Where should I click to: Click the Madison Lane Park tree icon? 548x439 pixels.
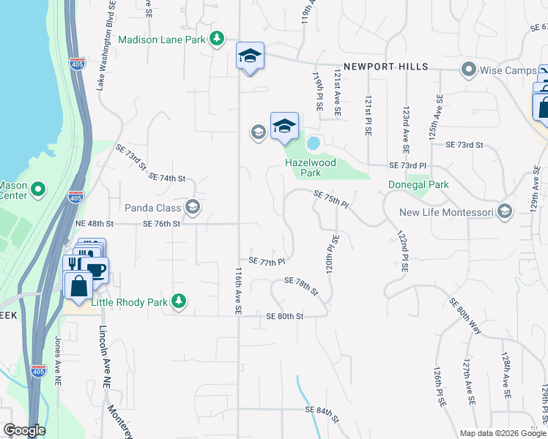click(x=216, y=38)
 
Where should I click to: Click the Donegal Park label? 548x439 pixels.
click(x=418, y=185)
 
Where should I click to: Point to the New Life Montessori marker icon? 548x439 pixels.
click(x=503, y=212)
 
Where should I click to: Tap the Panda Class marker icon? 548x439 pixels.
click(x=193, y=207)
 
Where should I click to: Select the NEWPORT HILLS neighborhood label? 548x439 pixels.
click(x=385, y=67)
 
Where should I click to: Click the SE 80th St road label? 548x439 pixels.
click(x=285, y=316)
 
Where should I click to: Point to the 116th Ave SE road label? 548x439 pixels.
click(x=238, y=290)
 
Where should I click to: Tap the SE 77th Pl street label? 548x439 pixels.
click(x=266, y=260)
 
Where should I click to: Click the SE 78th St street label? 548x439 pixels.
click(x=301, y=286)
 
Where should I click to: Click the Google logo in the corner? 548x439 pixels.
click(x=24, y=430)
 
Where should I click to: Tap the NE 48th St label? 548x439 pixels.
click(x=95, y=223)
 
